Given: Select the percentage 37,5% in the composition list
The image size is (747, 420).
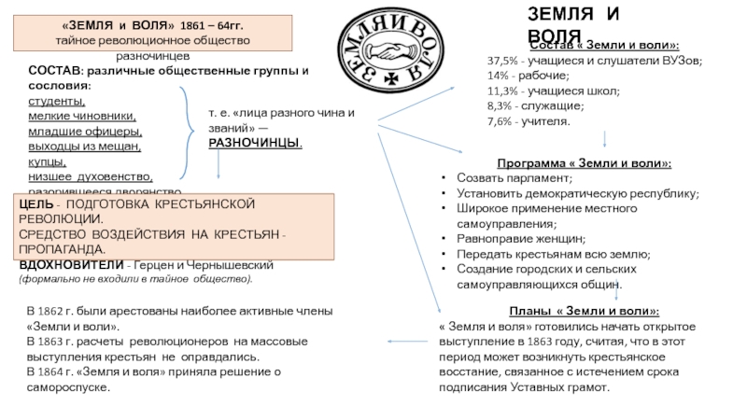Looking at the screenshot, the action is (503, 60).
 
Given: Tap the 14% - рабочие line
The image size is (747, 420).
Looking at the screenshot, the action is (527, 76).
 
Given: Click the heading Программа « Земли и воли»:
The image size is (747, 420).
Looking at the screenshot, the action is (584, 162).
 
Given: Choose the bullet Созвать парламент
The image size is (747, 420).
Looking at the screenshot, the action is (514, 177).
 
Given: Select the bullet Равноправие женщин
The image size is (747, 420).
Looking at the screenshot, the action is (521, 239).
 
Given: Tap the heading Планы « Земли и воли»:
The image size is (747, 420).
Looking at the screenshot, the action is (584, 310).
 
